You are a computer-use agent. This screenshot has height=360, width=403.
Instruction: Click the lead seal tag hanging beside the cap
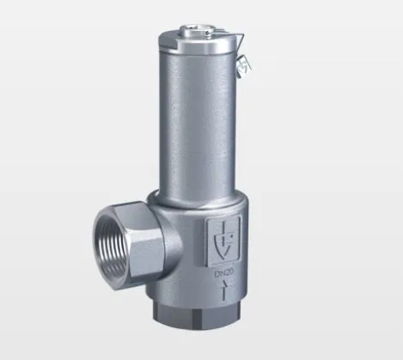(247, 62)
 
